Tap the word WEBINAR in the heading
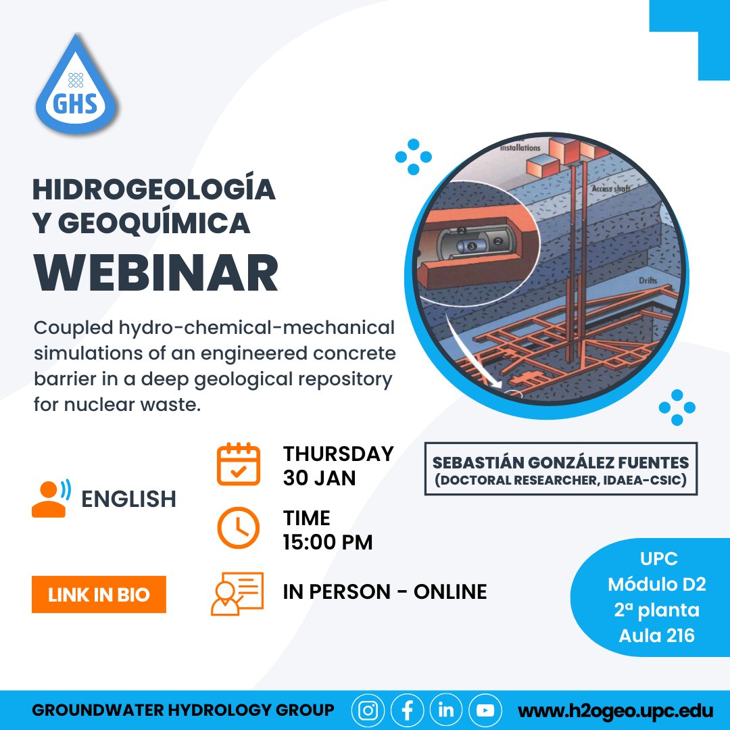click(156, 273)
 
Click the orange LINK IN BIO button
click(99, 595)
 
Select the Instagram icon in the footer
click(368, 710)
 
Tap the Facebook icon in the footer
click(408, 710)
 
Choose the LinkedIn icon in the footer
click(446, 710)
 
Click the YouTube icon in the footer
click(485, 710)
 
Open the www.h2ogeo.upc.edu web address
click(616, 711)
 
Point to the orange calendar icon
click(238, 464)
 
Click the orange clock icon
click(238, 528)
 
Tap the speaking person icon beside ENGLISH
click(51, 499)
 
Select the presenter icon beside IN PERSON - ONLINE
click(237, 593)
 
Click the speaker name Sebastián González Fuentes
click(560, 463)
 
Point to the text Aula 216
click(657, 636)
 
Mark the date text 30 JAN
click(320, 478)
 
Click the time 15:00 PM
click(328, 543)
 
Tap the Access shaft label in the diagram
click(611, 189)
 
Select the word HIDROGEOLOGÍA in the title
click(154, 190)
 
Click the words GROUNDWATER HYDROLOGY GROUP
click(183, 710)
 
